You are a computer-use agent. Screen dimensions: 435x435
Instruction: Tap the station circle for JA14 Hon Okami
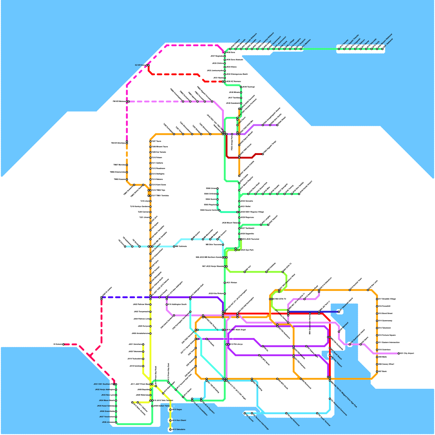click(x=170, y=421)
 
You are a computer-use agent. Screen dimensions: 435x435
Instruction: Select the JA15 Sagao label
click(x=177, y=409)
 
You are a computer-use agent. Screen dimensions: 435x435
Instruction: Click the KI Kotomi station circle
click(x=63, y=344)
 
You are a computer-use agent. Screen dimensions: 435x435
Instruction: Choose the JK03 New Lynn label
click(x=108, y=395)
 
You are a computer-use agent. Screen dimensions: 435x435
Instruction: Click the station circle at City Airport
click(x=399, y=353)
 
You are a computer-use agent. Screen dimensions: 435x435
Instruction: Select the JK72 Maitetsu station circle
click(x=301, y=49)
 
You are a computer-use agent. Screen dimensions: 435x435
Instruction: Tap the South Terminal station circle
click(x=317, y=413)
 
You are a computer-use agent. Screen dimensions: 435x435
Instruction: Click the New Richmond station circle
click(x=286, y=413)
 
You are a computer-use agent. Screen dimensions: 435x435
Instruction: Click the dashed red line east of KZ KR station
click(x=174, y=74)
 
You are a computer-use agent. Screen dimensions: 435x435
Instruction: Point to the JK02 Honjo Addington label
click(x=105, y=390)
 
